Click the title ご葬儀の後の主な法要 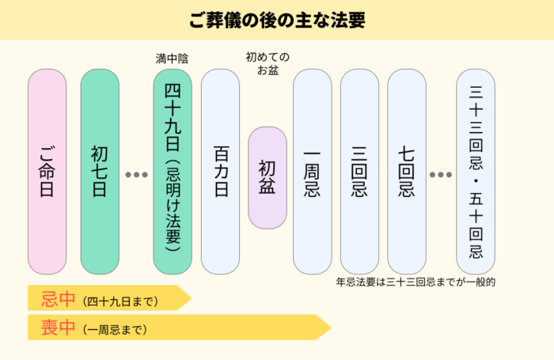tap(277, 20)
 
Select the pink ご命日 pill tap(47, 171)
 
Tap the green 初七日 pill tap(100, 171)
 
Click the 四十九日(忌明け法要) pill tap(173, 171)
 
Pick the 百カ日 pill tap(220, 171)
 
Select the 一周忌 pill tap(313, 171)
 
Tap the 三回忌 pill tap(359, 171)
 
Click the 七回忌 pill tap(407, 171)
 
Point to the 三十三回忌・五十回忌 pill tap(476, 171)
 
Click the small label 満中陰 tap(173, 59)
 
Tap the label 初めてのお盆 tap(268, 64)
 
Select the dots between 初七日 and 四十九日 tap(136, 174)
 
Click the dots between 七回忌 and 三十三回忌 tap(441, 174)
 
